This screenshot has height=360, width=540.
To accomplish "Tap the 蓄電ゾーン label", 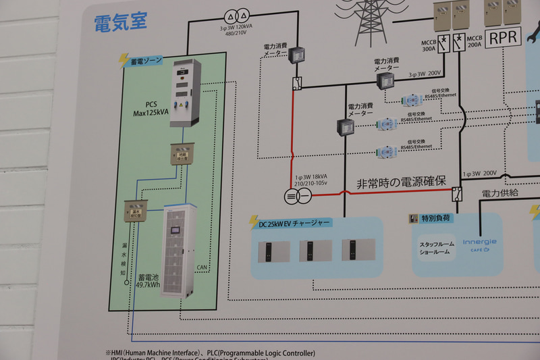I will click(147, 61).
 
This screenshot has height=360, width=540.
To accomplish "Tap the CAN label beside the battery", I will click(201, 267).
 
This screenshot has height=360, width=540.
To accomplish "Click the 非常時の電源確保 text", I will click(401, 182).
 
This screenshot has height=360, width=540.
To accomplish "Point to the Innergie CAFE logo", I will click(479, 244).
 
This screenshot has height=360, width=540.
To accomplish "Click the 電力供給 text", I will click(500, 192).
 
